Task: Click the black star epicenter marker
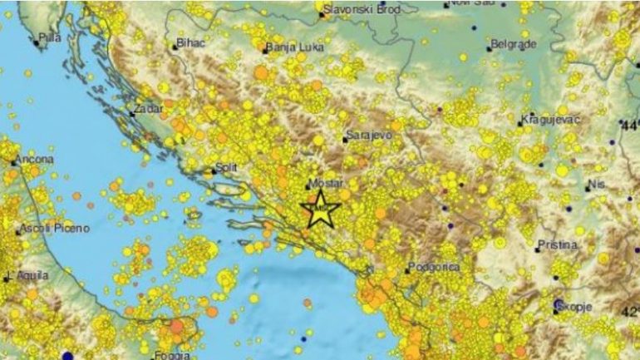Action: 320,209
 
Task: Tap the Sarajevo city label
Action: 367,134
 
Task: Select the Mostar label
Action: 326,184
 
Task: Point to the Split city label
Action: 226,167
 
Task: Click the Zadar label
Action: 145,107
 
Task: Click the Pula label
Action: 51,37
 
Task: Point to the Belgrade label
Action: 513,43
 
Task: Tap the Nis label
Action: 595,184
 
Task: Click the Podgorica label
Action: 433,267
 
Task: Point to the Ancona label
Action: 34,159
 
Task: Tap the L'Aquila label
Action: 27,275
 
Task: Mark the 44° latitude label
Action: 630,124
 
